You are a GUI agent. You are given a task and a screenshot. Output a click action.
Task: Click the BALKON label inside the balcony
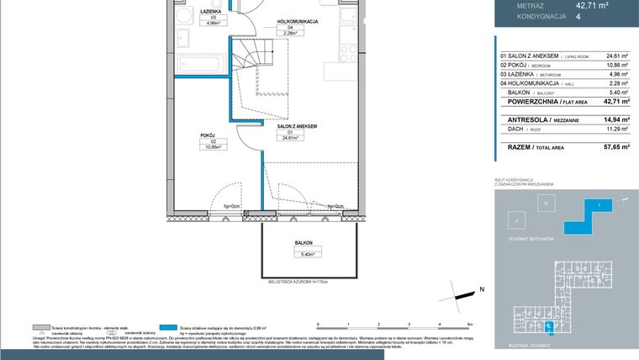tap(304, 242)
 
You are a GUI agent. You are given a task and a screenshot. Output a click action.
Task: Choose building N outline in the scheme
tap(515, 220)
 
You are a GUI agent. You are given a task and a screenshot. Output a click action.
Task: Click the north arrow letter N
tap(482, 289)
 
